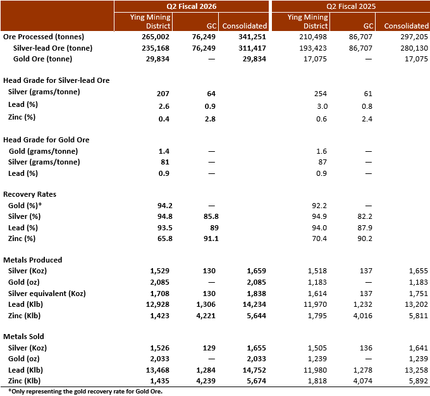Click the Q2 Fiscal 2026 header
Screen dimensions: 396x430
(x=192, y=6)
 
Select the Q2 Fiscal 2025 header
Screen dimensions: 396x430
(x=350, y=6)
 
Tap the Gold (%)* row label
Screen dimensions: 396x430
(x=26, y=206)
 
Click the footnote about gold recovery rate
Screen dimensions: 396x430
(x=85, y=391)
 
